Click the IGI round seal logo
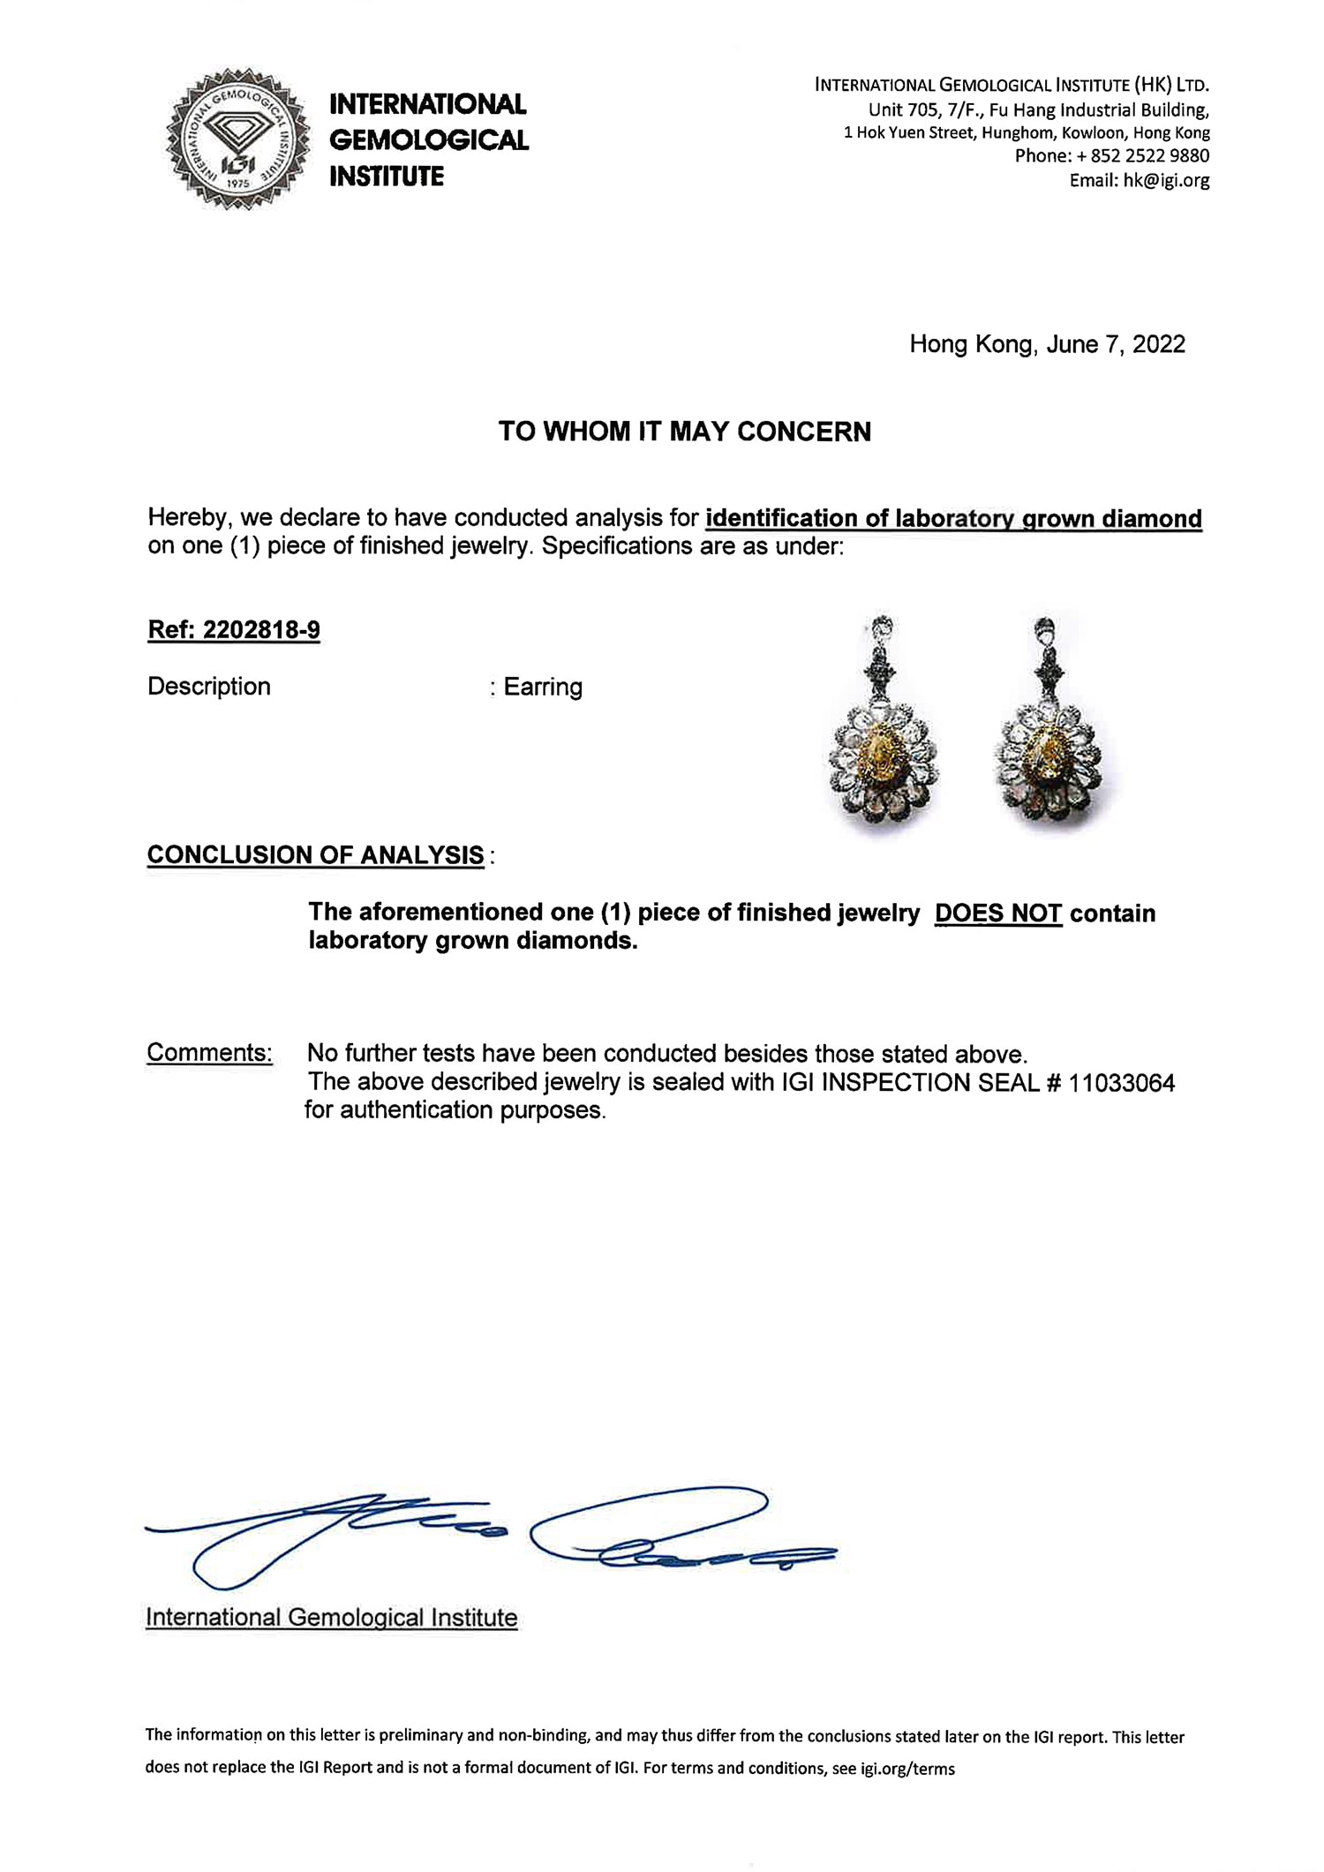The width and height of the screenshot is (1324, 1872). coord(238,139)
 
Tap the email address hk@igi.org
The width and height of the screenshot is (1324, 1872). coord(1165,181)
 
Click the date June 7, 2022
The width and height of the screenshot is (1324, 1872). coord(1115,344)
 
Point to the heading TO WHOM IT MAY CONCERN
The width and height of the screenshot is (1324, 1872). coord(684,432)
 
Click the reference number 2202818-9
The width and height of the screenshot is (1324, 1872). coord(261,631)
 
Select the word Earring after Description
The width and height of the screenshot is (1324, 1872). coord(543,688)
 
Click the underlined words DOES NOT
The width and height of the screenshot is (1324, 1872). coord(997,913)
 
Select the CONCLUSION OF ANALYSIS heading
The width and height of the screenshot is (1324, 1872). coord(315,855)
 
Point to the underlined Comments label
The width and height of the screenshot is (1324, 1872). coord(209,1053)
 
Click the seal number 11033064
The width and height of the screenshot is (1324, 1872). coord(1121,1083)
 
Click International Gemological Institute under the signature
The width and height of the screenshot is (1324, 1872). coord(331,1618)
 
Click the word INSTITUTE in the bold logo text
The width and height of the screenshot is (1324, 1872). coord(387,177)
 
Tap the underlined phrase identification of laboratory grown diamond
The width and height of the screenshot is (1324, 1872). coord(953,519)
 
